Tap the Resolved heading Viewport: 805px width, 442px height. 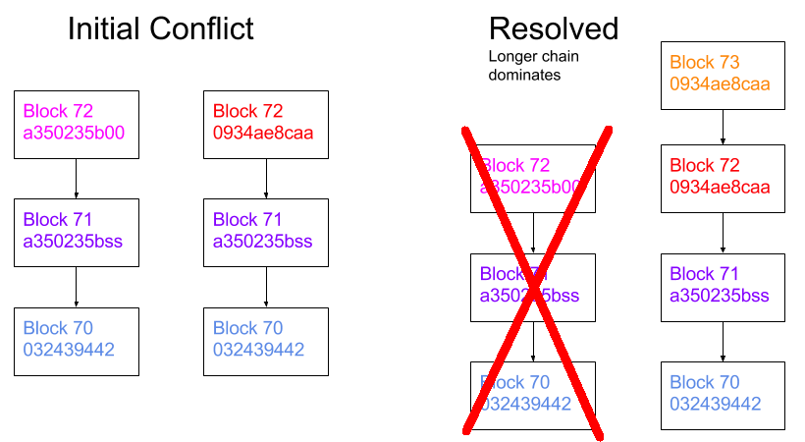[x=553, y=28]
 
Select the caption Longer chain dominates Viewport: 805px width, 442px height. [x=533, y=65]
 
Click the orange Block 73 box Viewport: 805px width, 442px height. [x=723, y=75]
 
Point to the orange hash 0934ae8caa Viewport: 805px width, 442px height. [x=721, y=84]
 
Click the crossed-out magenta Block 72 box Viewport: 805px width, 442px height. [x=533, y=178]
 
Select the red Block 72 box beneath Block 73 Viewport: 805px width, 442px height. [x=723, y=178]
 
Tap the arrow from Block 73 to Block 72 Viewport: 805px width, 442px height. [x=723, y=126]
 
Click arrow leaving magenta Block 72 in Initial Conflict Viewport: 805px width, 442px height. [x=77, y=178]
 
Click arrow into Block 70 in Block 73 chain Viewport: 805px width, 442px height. [x=723, y=341]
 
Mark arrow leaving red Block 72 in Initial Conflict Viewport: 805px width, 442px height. [x=266, y=178]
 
